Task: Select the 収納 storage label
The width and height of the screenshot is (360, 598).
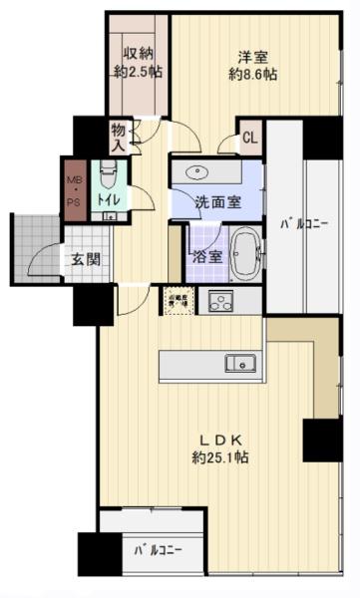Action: pyautogui.click(x=139, y=54)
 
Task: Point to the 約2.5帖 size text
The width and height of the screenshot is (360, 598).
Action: pyautogui.click(x=139, y=72)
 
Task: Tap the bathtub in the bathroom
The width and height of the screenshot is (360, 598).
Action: pyautogui.click(x=244, y=254)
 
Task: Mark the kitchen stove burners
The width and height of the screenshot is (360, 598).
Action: pyautogui.click(x=217, y=300)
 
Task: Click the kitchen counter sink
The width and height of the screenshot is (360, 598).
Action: pyautogui.click(x=240, y=362)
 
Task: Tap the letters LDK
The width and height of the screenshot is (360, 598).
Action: pyautogui.click(x=220, y=439)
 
